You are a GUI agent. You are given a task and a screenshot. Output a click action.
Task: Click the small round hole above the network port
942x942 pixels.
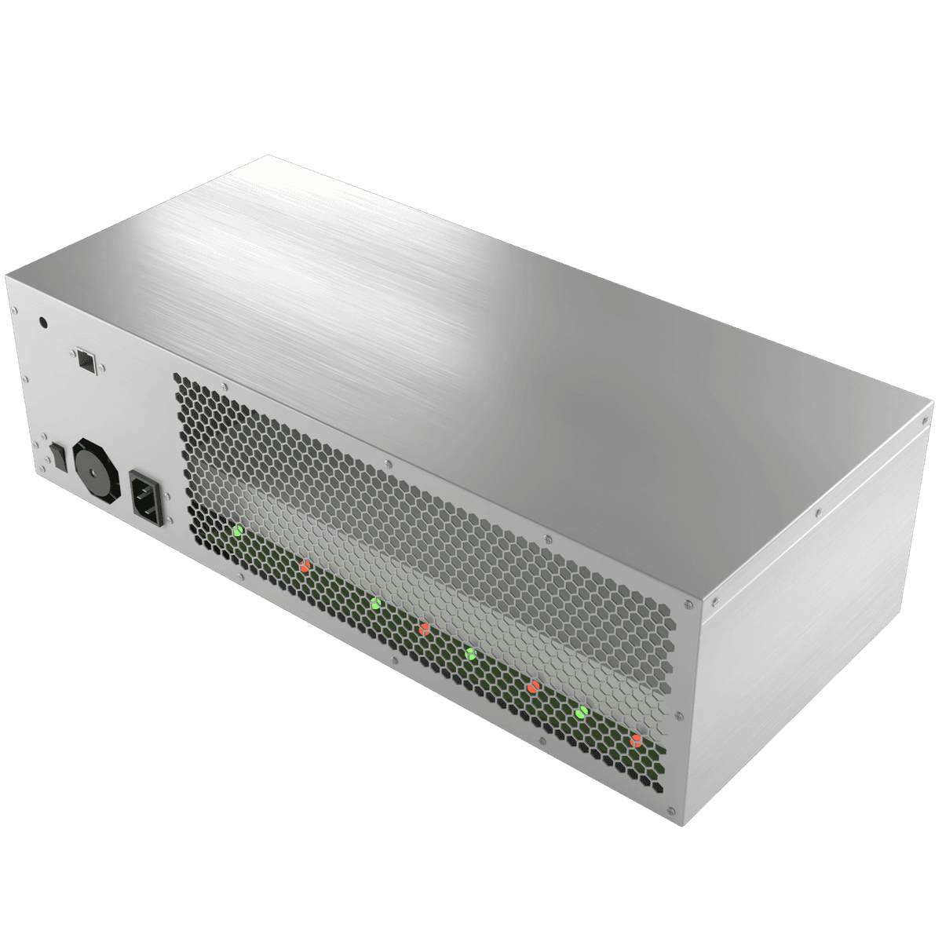44,321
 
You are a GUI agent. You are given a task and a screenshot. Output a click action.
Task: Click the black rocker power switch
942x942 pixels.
57,453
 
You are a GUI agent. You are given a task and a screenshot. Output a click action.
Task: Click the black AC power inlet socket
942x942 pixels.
148,495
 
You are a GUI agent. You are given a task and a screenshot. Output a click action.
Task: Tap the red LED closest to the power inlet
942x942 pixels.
305,565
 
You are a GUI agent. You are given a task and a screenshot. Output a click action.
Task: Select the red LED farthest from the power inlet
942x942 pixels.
636,739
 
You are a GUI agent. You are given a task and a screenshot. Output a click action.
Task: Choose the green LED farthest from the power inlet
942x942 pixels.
582,712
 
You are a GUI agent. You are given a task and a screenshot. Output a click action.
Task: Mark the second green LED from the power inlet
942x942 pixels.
375,603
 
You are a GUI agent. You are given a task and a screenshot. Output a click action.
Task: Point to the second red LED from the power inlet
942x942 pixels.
424,628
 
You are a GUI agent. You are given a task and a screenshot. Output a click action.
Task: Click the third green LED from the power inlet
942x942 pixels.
470,653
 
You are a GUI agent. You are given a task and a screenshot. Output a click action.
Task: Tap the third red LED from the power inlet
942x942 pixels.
533,687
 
